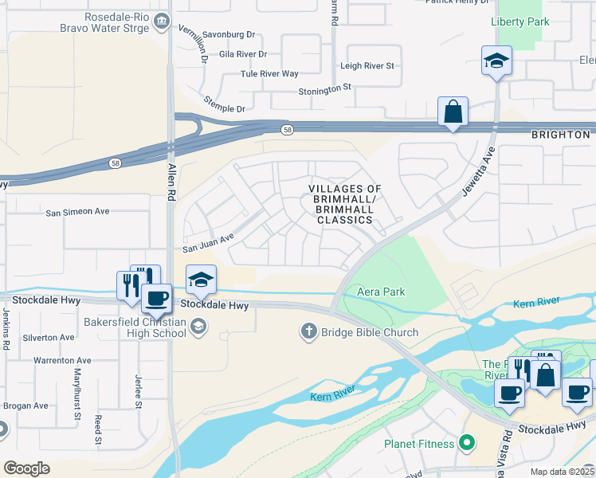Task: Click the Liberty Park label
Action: pyautogui.click(x=520, y=22)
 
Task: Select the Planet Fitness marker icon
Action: pyautogui.click(x=470, y=443)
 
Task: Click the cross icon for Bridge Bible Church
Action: pyautogui.click(x=309, y=330)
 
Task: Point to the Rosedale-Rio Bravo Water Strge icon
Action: pyautogui.click(x=163, y=21)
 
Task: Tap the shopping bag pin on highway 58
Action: pyautogui.click(x=453, y=112)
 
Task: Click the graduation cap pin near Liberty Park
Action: pyautogui.click(x=496, y=60)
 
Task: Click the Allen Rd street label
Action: pyautogui.click(x=171, y=179)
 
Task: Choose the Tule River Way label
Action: pyautogui.click(x=269, y=74)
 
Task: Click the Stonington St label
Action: pyautogui.click(x=324, y=92)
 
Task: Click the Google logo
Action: pyautogui.click(x=26, y=468)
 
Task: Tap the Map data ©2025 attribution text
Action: pyautogui.click(x=562, y=472)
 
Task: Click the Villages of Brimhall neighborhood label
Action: pyautogui.click(x=345, y=204)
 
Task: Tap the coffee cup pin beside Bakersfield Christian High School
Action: pyautogui.click(x=156, y=298)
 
